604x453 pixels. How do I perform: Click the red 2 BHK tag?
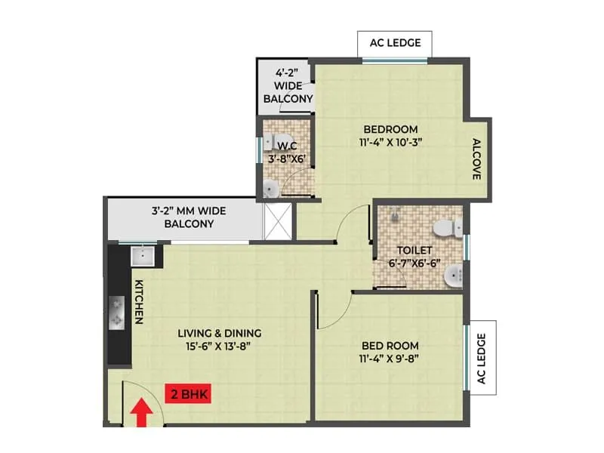pos(188,393)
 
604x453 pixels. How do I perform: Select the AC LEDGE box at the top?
pos(396,43)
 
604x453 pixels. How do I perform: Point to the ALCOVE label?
pos(476,159)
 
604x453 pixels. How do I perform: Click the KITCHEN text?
pos(139,302)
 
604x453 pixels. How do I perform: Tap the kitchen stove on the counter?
pos(118,312)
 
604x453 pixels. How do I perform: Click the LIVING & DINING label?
pos(220,333)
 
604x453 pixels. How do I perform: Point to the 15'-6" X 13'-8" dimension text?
pos(220,347)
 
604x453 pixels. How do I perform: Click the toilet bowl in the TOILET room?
pos(446,227)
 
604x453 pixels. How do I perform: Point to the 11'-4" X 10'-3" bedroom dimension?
pos(390,142)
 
